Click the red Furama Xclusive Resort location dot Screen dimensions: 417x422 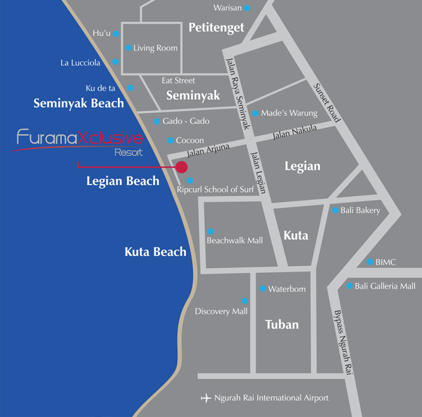[182, 166]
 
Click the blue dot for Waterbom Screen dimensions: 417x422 [262, 289]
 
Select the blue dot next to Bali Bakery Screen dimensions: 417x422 [335, 210]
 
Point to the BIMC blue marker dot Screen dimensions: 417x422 [370, 262]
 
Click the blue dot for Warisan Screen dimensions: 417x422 [246, 8]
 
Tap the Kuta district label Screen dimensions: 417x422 [295, 235]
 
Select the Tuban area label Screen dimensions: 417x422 [281, 324]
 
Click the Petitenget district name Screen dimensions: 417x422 [216, 27]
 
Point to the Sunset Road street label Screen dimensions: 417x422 [327, 103]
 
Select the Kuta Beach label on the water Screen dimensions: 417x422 [155, 252]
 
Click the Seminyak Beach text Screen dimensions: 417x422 [79, 103]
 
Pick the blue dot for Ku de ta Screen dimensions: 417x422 [130, 88]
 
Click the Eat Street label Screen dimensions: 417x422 [179, 81]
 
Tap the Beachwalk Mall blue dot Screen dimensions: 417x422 [210, 231]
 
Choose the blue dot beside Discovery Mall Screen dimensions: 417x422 [244, 301]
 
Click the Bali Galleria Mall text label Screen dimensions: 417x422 [385, 286]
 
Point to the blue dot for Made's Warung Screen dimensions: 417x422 [255, 113]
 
